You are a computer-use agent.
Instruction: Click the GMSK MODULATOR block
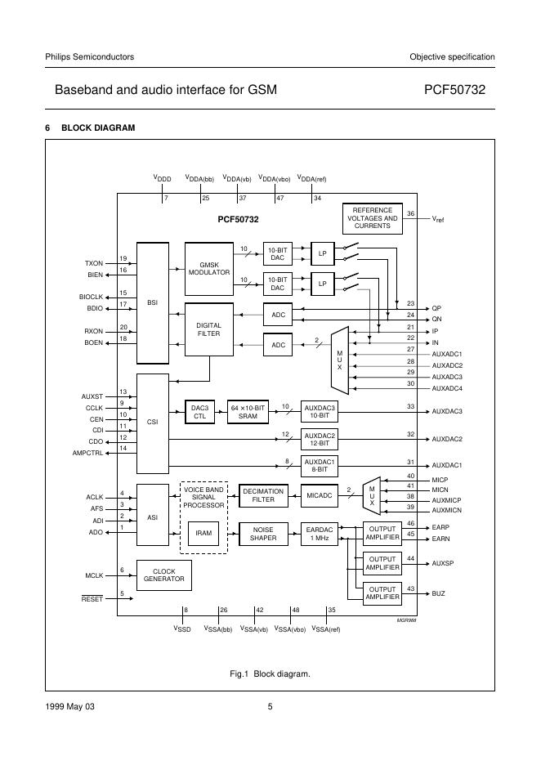click(209, 269)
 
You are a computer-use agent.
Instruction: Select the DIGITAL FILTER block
click(209, 329)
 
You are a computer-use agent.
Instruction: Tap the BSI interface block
click(152, 302)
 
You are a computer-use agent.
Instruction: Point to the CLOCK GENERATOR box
click(164, 576)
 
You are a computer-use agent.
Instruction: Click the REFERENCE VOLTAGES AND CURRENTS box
click(372, 218)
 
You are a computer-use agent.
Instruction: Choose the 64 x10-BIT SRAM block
click(248, 411)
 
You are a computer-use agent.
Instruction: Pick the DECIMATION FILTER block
click(263, 496)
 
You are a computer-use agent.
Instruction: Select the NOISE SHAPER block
click(263, 534)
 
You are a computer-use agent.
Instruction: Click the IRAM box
click(203, 534)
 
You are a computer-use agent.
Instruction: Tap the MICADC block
click(319, 496)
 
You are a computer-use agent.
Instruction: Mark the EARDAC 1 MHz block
click(319, 534)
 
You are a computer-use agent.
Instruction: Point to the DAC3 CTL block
click(199, 411)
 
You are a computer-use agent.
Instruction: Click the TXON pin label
click(93, 263)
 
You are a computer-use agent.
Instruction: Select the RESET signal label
click(92, 599)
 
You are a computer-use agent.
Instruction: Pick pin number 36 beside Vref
click(411, 213)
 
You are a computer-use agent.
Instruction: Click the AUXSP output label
click(442, 564)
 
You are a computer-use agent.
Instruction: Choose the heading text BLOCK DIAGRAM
click(98, 127)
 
